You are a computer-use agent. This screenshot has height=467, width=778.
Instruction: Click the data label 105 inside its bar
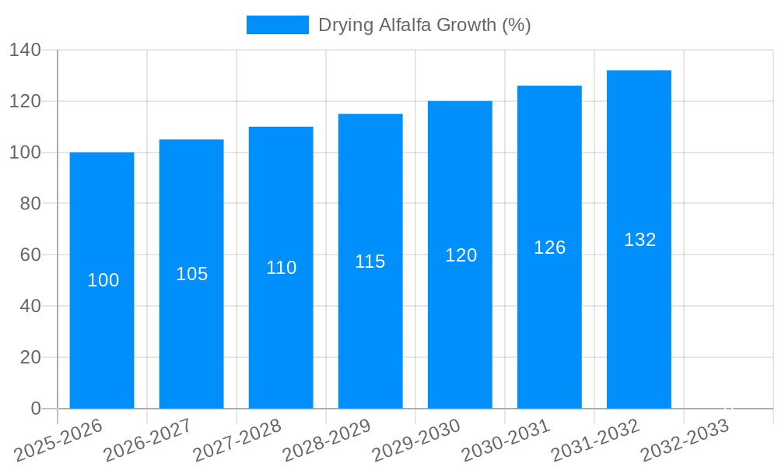click(192, 274)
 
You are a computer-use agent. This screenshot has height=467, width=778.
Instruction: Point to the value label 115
click(370, 262)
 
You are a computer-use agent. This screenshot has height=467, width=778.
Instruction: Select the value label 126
click(549, 248)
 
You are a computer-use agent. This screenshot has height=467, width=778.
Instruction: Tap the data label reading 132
click(640, 240)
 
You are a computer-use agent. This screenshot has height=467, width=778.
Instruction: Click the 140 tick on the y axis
click(25, 51)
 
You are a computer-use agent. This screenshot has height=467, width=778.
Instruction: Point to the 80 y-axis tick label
click(30, 204)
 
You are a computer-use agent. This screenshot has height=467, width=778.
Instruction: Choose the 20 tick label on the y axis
click(30, 357)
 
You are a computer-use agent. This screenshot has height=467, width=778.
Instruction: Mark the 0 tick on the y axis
click(36, 409)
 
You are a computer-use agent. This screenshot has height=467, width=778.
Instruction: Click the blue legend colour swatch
click(278, 25)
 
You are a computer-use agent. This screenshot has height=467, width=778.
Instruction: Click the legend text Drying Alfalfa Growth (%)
click(425, 25)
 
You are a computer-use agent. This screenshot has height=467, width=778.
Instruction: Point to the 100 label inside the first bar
click(103, 280)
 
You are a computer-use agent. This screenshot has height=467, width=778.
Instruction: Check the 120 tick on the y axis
click(25, 101)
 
